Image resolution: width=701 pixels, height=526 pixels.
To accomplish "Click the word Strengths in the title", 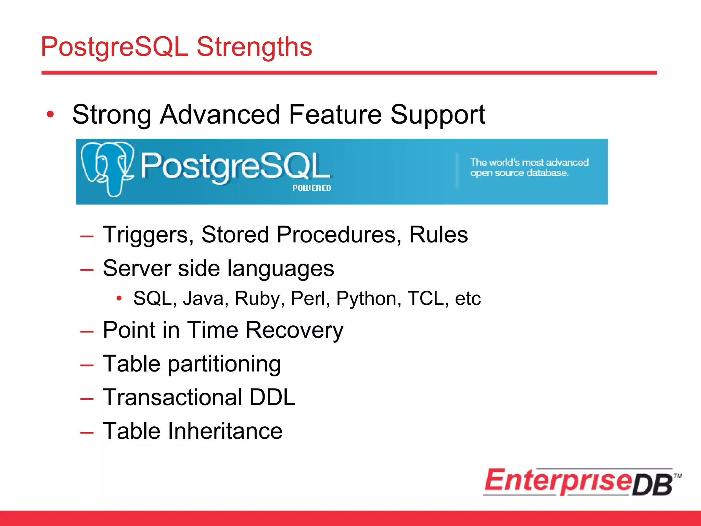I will click(254, 47).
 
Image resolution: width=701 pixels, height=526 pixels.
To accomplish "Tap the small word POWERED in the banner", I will click(311, 188).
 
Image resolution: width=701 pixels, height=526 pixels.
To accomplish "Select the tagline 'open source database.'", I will click(519, 173).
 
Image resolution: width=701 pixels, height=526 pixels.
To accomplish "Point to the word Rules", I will click(438, 235).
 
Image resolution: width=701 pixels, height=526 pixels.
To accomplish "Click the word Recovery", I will click(294, 331).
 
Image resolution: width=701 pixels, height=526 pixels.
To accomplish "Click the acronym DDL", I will click(272, 397).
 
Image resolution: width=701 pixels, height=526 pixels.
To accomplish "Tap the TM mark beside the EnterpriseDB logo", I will click(677, 476).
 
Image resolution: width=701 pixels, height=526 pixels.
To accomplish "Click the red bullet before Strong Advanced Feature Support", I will click(50, 114).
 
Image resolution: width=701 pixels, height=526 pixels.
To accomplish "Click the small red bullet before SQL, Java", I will click(119, 298).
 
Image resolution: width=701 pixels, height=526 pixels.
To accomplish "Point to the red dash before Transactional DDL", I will click(87, 399).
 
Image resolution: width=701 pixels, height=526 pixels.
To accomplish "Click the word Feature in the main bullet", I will click(335, 114).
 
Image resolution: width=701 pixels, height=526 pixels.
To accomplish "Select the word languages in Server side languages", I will click(280, 269).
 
